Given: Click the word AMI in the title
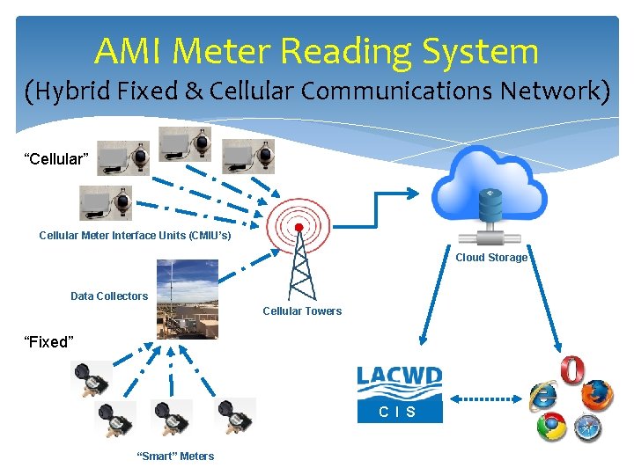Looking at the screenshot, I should pyautogui.click(x=129, y=52).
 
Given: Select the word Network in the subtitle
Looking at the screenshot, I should pyautogui.click(x=549, y=91).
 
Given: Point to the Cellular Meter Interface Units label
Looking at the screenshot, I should pyautogui.click(x=135, y=235).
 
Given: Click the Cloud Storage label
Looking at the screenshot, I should pyautogui.click(x=490, y=258).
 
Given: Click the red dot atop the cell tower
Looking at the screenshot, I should pyautogui.click(x=299, y=227).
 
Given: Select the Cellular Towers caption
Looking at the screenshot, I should pyautogui.click(x=302, y=311).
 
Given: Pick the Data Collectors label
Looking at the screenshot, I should pyautogui.click(x=109, y=296).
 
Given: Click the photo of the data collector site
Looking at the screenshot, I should pyautogui.click(x=188, y=298).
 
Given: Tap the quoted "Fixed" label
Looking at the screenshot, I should pyautogui.click(x=48, y=342).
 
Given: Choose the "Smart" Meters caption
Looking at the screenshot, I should pyautogui.click(x=174, y=456).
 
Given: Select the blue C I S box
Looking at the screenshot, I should pyautogui.click(x=399, y=412).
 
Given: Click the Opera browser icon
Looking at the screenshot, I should pyautogui.click(x=572, y=369).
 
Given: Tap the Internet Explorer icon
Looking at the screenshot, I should pyautogui.click(x=543, y=397).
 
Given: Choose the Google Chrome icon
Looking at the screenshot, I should pyautogui.click(x=551, y=427).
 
